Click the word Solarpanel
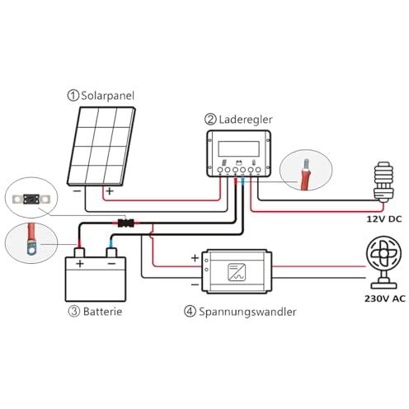[x=107, y=96]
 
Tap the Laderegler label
[x=246, y=120]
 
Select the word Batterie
[x=102, y=312]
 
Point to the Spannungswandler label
[x=247, y=312]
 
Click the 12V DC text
[x=384, y=219]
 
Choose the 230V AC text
[x=385, y=299]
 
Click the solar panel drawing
[x=101, y=146]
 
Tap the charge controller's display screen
[x=238, y=148]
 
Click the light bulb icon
[x=383, y=182]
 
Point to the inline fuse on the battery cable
[x=126, y=223]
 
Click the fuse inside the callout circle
[x=31, y=199]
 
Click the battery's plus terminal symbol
[x=80, y=264]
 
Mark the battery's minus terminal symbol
[x=111, y=264]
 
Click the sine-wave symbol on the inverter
[x=237, y=272]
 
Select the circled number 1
[x=73, y=96]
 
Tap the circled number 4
[x=190, y=312]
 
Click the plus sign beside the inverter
[x=195, y=258]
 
